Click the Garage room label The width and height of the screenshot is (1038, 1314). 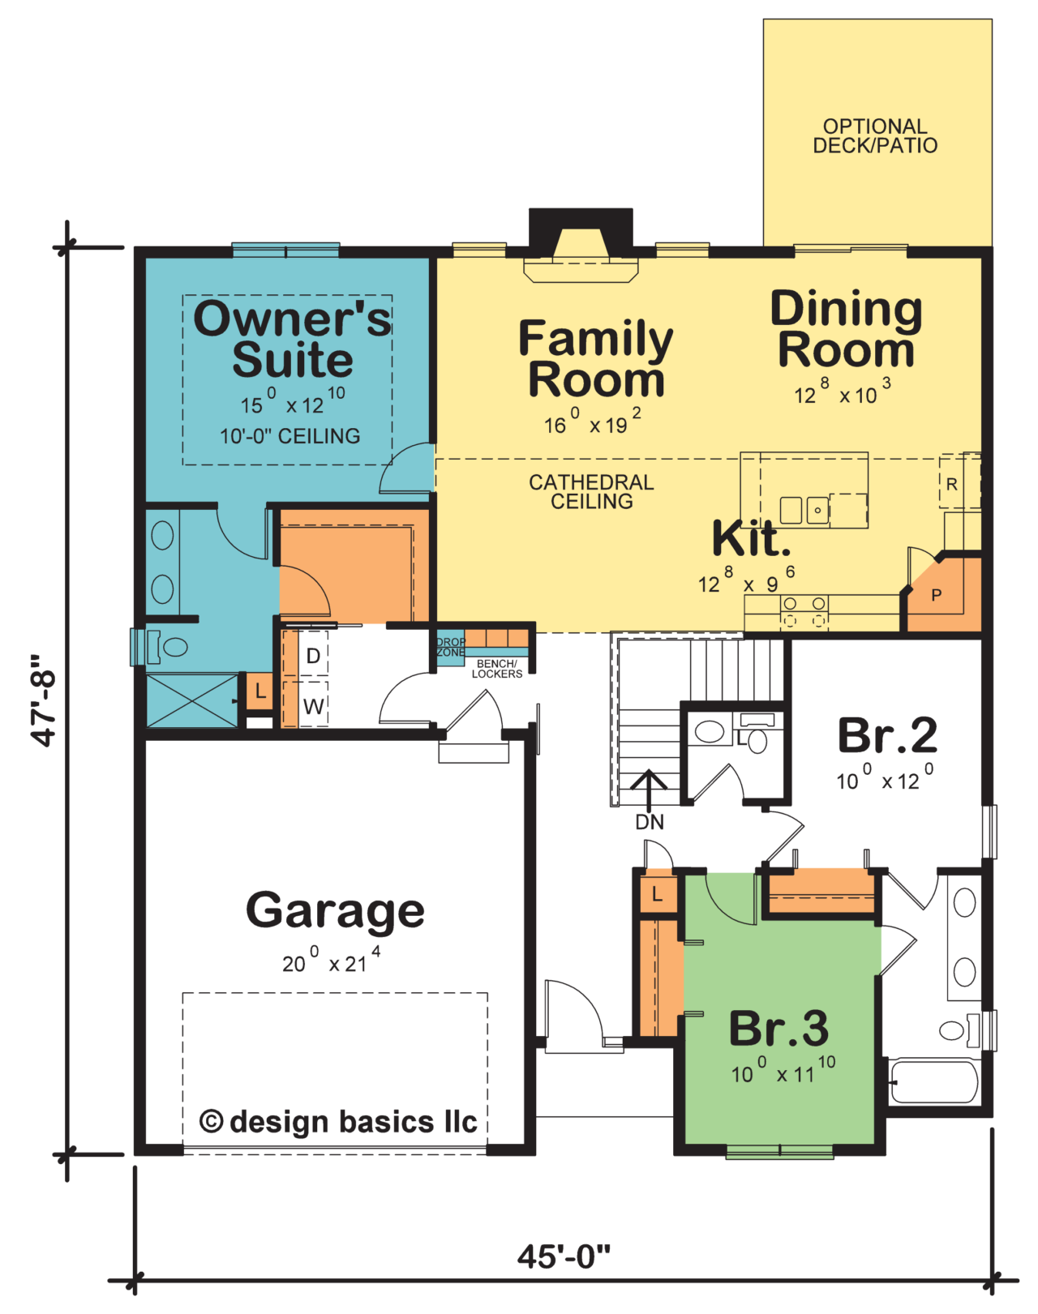pos(335,911)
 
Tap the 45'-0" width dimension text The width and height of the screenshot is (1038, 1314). pos(564,1257)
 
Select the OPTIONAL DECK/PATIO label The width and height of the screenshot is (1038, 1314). pos(875,136)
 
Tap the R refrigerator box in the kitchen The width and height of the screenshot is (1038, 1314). pos(952,485)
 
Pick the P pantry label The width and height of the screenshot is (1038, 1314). pos(937,596)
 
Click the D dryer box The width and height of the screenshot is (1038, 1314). pos(312,655)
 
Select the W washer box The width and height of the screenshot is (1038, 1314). pos(313,706)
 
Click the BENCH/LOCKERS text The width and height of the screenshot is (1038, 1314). pos(496,669)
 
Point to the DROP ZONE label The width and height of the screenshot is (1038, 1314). pos(450,647)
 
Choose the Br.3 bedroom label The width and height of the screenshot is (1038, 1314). pos(778,1029)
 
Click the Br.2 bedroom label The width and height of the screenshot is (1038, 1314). pos(887,736)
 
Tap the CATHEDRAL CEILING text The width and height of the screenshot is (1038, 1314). pos(591,492)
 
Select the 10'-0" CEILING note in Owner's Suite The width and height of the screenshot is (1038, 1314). pos(290,436)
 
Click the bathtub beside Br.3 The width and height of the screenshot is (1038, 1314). pos(933,1082)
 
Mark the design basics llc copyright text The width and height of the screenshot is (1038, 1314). pos(338,1122)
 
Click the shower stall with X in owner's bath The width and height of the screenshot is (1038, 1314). pos(192,700)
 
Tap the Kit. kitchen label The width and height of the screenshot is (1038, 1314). pos(751,539)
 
